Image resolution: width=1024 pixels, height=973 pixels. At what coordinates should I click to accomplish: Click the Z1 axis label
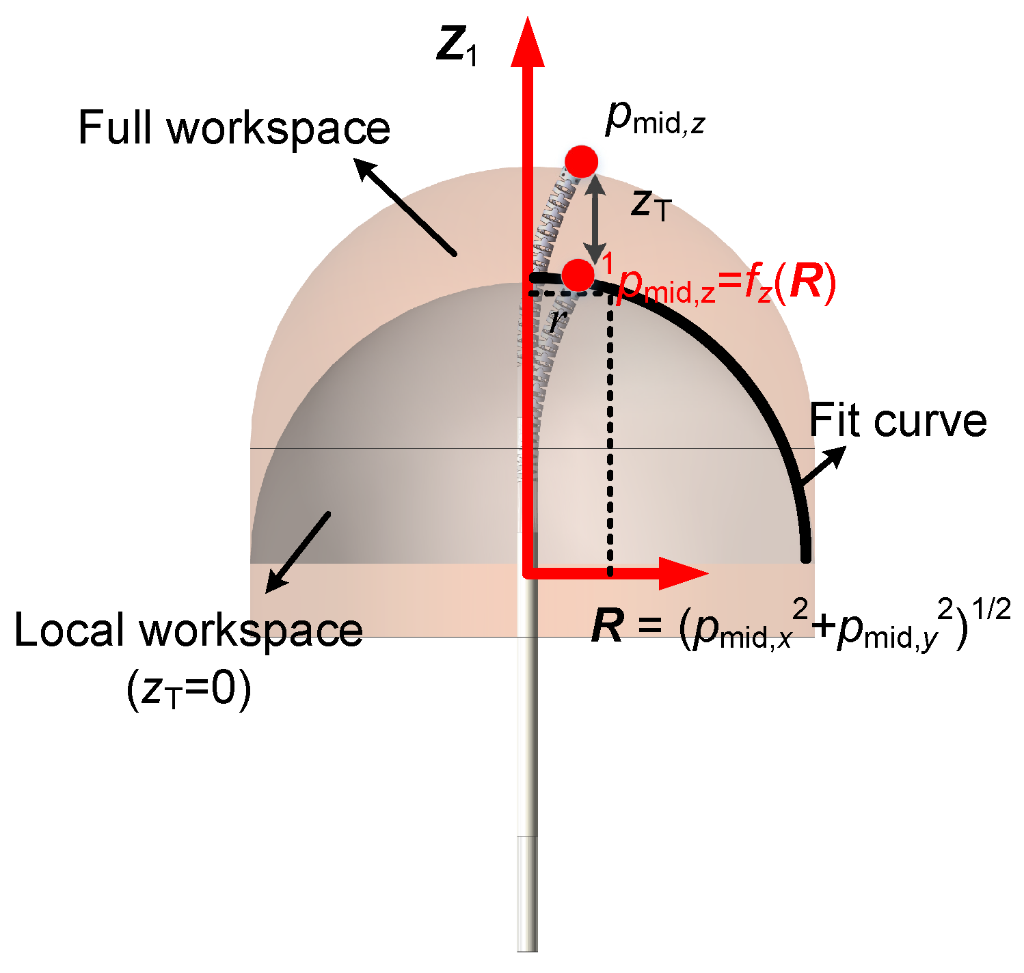(x=457, y=46)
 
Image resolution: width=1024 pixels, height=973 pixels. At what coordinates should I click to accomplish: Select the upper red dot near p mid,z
(x=581, y=162)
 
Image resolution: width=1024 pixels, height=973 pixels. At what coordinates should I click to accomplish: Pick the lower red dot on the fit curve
(x=579, y=275)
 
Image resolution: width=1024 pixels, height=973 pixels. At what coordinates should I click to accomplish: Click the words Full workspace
(x=234, y=128)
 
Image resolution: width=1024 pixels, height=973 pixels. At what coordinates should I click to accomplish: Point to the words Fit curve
(x=898, y=421)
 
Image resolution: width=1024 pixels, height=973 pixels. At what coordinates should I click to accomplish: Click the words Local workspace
(x=188, y=630)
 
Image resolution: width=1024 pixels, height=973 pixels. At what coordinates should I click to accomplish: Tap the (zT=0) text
(x=189, y=691)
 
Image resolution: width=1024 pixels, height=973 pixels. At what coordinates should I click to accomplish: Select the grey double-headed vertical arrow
(x=597, y=219)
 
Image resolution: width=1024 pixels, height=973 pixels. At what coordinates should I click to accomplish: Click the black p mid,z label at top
(x=654, y=120)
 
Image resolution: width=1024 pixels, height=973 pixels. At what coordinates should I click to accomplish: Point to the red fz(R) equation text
(x=727, y=284)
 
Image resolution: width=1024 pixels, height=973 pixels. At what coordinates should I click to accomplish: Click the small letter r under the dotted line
(x=558, y=320)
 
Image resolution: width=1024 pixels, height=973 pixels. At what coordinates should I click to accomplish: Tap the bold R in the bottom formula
(x=608, y=626)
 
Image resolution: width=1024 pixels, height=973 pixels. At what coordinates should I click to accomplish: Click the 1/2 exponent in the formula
(x=991, y=608)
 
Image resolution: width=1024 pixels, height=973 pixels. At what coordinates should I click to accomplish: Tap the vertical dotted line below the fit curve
(x=610, y=437)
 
